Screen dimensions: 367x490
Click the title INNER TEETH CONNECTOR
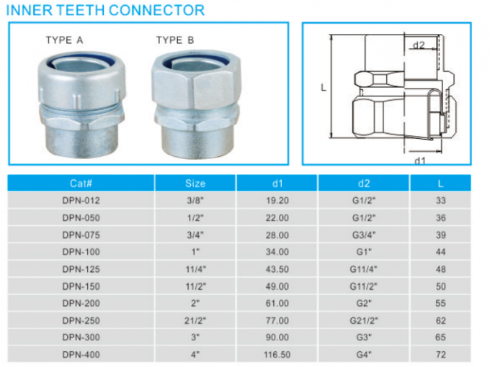[x=105, y=10]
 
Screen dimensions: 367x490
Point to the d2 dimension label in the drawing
[x=419, y=46]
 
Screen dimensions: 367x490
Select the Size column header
[x=195, y=183]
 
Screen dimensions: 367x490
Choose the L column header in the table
[x=440, y=183]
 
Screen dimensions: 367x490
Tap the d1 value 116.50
[x=277, y=353]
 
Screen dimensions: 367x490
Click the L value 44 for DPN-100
[x=440, y=252]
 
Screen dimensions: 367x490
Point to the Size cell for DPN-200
[x=195, y=302]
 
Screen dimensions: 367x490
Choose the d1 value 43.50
[x=277, y=268]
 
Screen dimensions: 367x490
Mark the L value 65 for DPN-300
[x=440, y=336]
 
